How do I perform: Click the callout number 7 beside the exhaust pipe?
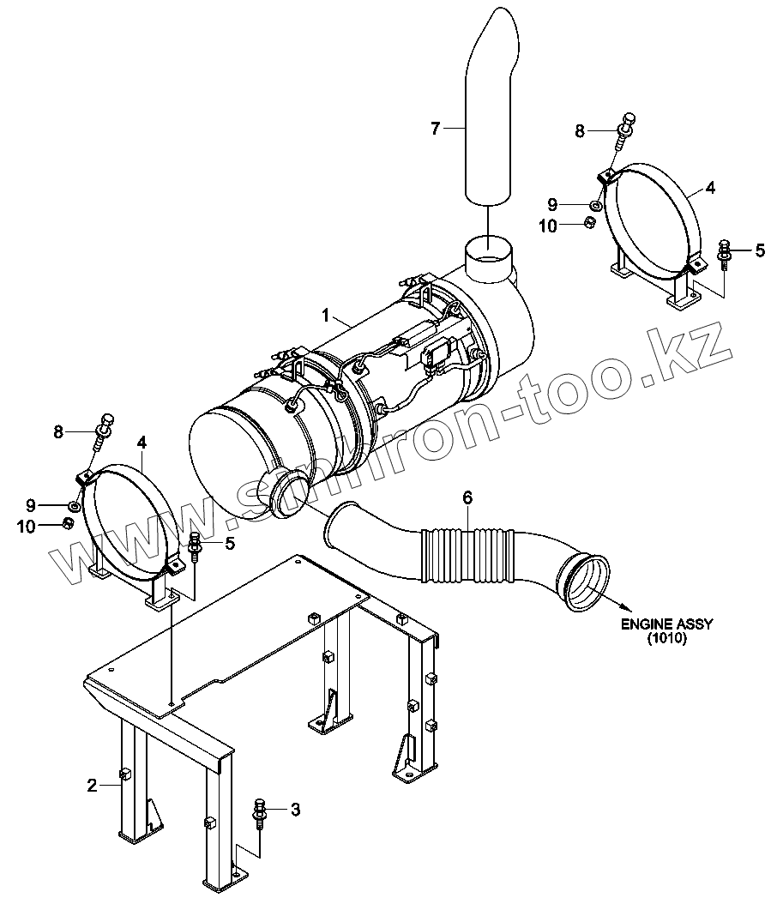click(435, 129)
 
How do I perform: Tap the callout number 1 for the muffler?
click(326, 316)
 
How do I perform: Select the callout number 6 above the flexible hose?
click(467, 497)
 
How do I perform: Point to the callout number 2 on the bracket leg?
click(92, 783)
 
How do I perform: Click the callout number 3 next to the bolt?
click(295, 809)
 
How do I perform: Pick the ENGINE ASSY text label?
click(666, 624)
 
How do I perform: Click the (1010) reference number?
click(667, 639)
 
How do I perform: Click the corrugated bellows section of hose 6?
click(468, 556)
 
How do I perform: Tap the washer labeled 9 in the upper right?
click(594, 204)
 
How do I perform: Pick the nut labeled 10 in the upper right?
click(590, 223)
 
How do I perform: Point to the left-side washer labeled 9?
click(75, 507)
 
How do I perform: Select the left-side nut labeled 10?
click(67, 524)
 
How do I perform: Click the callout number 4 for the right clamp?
click(710, 187)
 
